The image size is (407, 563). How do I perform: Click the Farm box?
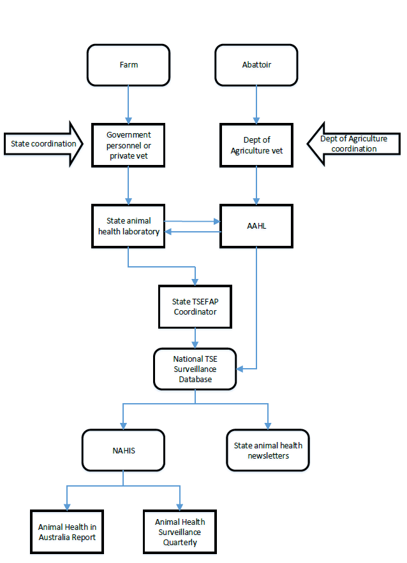[x=129, y=65]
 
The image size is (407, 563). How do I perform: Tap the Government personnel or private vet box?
[x=129, y=145]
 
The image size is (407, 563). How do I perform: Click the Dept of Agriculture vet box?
[x=256, y=145]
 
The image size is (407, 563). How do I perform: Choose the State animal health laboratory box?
[x=129, y=226]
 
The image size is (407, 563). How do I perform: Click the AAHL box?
[x=256, y=226]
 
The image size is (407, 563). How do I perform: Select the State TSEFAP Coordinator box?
[x=195, y=306]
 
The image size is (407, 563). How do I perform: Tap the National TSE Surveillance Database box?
[x=195, y=369]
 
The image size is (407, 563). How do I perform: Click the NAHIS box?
[x=124, y=450]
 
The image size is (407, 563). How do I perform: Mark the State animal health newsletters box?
[x=269, y=450]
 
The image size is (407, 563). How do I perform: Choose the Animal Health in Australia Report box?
[x=67, y=532]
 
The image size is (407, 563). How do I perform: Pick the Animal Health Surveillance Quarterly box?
[x=180, y=532]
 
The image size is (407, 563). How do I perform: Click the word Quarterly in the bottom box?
[x=180, y=543]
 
